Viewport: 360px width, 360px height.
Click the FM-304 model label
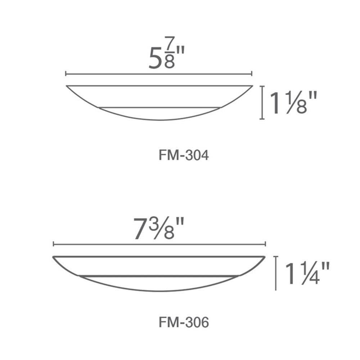184,156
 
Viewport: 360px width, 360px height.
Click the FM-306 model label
184,323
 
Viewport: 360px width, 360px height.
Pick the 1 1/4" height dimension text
307,274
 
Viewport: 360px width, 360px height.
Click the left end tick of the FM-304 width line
66,74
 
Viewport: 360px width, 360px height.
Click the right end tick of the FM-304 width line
252,74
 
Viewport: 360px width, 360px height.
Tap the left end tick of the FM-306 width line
53,244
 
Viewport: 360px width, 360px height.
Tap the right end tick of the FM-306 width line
265,244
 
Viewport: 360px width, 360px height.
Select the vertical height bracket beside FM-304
262,102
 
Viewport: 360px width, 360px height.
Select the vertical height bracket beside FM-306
276,273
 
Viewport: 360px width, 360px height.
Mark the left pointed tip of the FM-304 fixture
67,86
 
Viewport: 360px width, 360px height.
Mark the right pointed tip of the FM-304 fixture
252,86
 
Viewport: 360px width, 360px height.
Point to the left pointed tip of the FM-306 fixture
54,257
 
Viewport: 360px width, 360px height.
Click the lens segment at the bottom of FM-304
159,114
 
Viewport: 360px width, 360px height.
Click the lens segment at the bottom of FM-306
159,284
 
